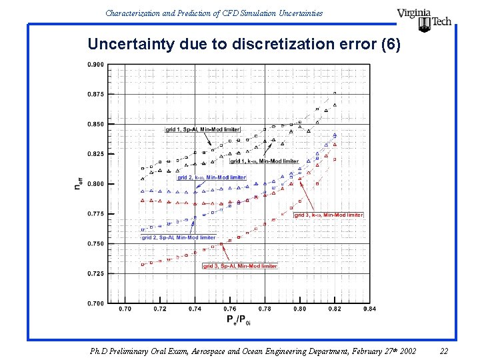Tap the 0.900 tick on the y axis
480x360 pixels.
95,65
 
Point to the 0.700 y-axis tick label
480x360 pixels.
95,303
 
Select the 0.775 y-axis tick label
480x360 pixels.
95,213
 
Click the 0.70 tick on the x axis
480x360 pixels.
125,309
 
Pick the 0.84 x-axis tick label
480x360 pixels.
370,309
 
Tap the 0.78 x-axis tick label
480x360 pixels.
265,309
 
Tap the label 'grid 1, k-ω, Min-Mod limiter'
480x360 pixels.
265,161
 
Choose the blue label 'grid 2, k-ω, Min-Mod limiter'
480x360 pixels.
211,178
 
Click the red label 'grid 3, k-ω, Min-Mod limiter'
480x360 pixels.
329,215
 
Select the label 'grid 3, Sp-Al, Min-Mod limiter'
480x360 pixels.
240,266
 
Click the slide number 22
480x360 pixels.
444,351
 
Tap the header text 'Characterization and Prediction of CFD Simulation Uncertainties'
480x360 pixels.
214,13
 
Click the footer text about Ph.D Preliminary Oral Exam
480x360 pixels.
253,351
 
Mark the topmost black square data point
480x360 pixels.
335,93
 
